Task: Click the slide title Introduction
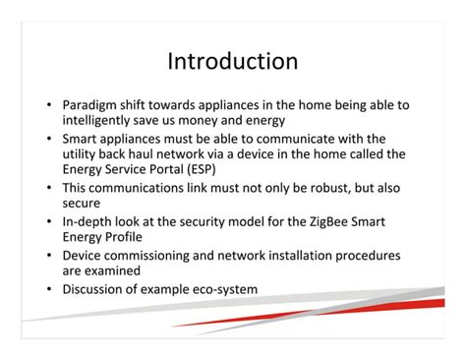coord(232,61)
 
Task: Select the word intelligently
coord(102,120)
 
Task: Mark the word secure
coord(81,203)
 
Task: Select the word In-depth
coord(89,220)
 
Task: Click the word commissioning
coord(156,255)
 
